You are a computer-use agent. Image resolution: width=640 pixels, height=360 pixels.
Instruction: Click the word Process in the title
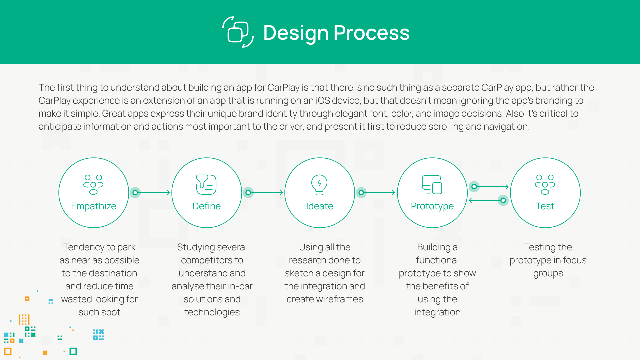(371, 33)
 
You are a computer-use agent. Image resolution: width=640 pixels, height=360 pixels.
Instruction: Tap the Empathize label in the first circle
(94, 206)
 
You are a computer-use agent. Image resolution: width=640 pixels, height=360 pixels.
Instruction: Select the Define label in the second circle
(207, 206)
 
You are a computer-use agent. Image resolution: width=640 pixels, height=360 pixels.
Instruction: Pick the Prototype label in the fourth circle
(432, 206)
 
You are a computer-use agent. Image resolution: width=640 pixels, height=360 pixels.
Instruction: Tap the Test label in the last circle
(545, 206)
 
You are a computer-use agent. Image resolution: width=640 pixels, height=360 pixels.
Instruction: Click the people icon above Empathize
(93, 184)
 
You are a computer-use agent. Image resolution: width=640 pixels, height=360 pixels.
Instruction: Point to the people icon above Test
(545, 184)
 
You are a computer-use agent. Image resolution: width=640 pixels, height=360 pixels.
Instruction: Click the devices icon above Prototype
(432, 184)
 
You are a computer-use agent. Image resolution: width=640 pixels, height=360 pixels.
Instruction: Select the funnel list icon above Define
(206, 184)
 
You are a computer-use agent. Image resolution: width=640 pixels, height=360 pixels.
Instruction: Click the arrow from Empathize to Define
(153, 193)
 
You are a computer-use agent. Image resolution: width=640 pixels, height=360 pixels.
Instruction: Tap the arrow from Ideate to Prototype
(379, 193)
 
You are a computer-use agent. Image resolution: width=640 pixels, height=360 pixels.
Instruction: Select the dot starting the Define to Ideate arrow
(248, 193)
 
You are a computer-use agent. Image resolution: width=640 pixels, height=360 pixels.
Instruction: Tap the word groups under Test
(548, 273)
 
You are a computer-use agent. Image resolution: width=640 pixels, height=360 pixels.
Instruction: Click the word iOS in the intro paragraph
(323, 100)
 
